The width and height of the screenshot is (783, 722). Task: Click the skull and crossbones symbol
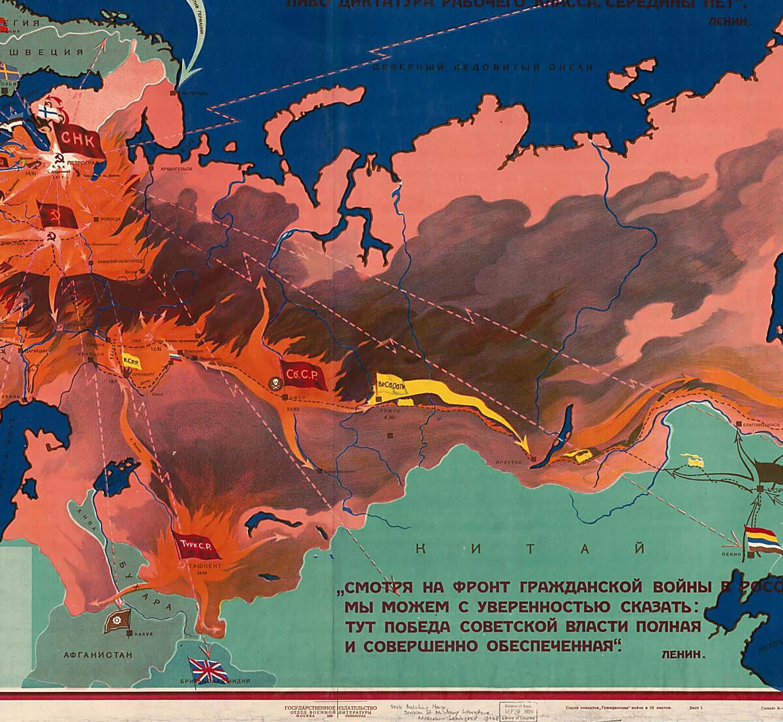click(x=274, y=382)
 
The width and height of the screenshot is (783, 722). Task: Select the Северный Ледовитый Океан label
click(x=482, y=67)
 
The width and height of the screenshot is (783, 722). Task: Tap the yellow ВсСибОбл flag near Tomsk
click(x=392, y=385)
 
